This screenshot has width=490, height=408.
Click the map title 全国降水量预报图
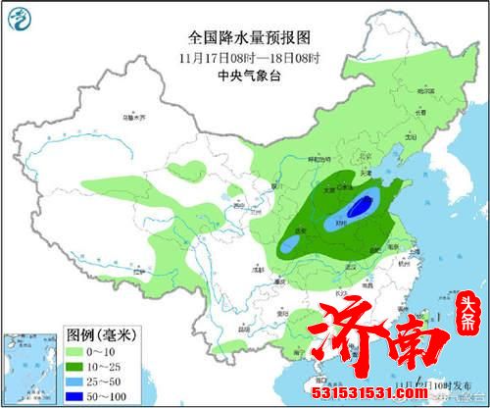click(234, 36)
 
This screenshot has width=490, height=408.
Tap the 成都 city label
click(257, 266)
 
